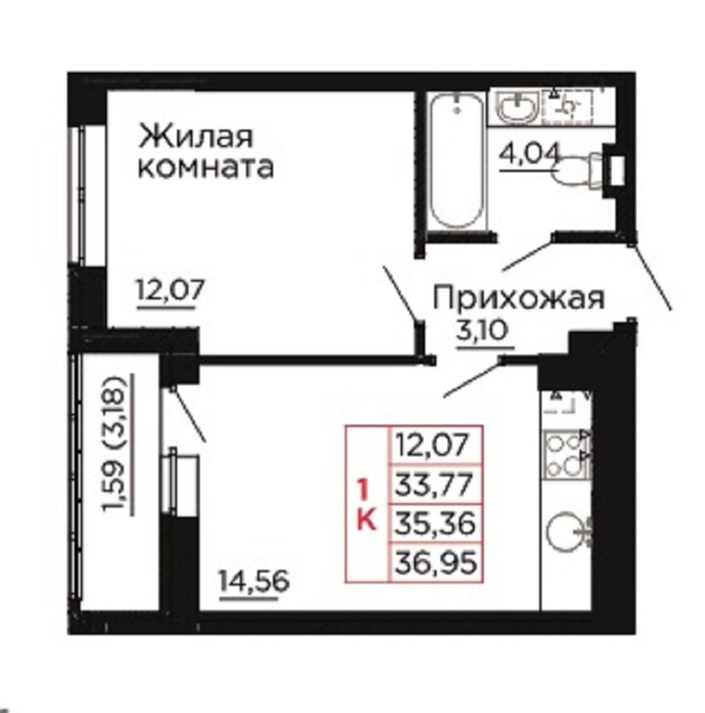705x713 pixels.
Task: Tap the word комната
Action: click(206, 168)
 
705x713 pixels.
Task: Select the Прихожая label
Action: click(519, 298)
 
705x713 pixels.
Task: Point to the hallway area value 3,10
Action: click(481, 331)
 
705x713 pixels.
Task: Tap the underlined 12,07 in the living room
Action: click(170, 290)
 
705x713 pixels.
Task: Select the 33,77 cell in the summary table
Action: click(435, 484)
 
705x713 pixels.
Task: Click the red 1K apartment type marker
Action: click(366, 506)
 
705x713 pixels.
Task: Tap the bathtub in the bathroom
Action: click(458, 160)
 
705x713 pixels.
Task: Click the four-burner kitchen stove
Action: click(566, 454)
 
